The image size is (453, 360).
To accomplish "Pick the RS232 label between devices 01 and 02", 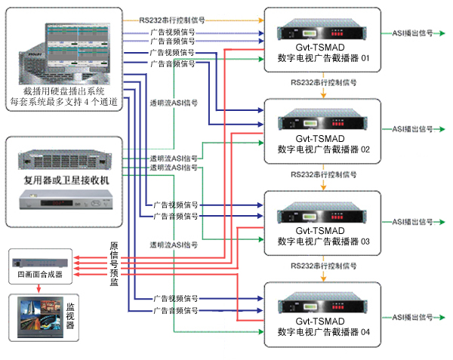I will point(324,82).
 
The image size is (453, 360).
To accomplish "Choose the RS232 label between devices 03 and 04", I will point(324,266).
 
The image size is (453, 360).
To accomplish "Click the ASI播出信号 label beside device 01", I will point(412,35).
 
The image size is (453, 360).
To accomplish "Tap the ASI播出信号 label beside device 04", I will point(412,314).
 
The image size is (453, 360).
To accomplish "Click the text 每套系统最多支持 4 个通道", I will point(64,101).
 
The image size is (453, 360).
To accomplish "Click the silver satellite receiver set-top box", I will point(64,201).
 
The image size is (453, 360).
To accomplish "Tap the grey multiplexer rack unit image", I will point(64,159).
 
